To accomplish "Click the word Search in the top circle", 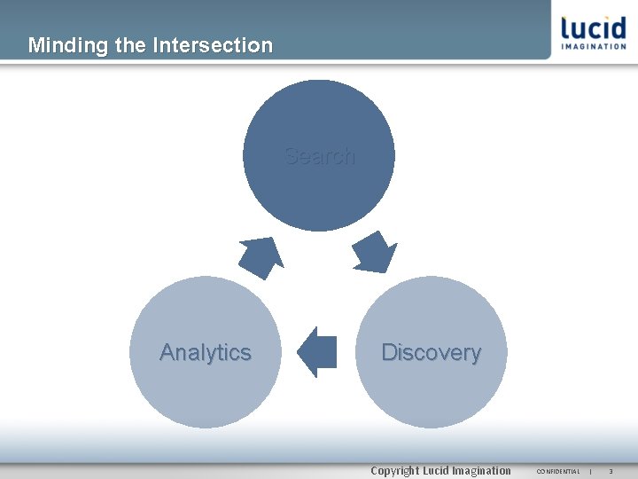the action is click(319, 156).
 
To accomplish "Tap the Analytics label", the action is click(206, 352).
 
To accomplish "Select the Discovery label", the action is click(431, 352).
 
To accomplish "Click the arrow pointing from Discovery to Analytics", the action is click(317, 352).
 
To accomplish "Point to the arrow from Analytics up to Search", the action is click(261, 256).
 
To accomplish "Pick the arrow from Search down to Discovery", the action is click(376, 253).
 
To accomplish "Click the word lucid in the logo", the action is click(593, 28).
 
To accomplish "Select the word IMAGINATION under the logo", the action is click(594, 47).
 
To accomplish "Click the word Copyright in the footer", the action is click(394, 471).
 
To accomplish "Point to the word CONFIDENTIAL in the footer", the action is click(558, 471).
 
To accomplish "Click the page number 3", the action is click(611, 471).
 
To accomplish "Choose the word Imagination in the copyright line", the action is click(482, 471).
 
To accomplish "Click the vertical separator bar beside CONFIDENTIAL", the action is click(590, 471).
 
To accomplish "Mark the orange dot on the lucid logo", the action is click(564, 17).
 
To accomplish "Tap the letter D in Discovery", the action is click(388, 352).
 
